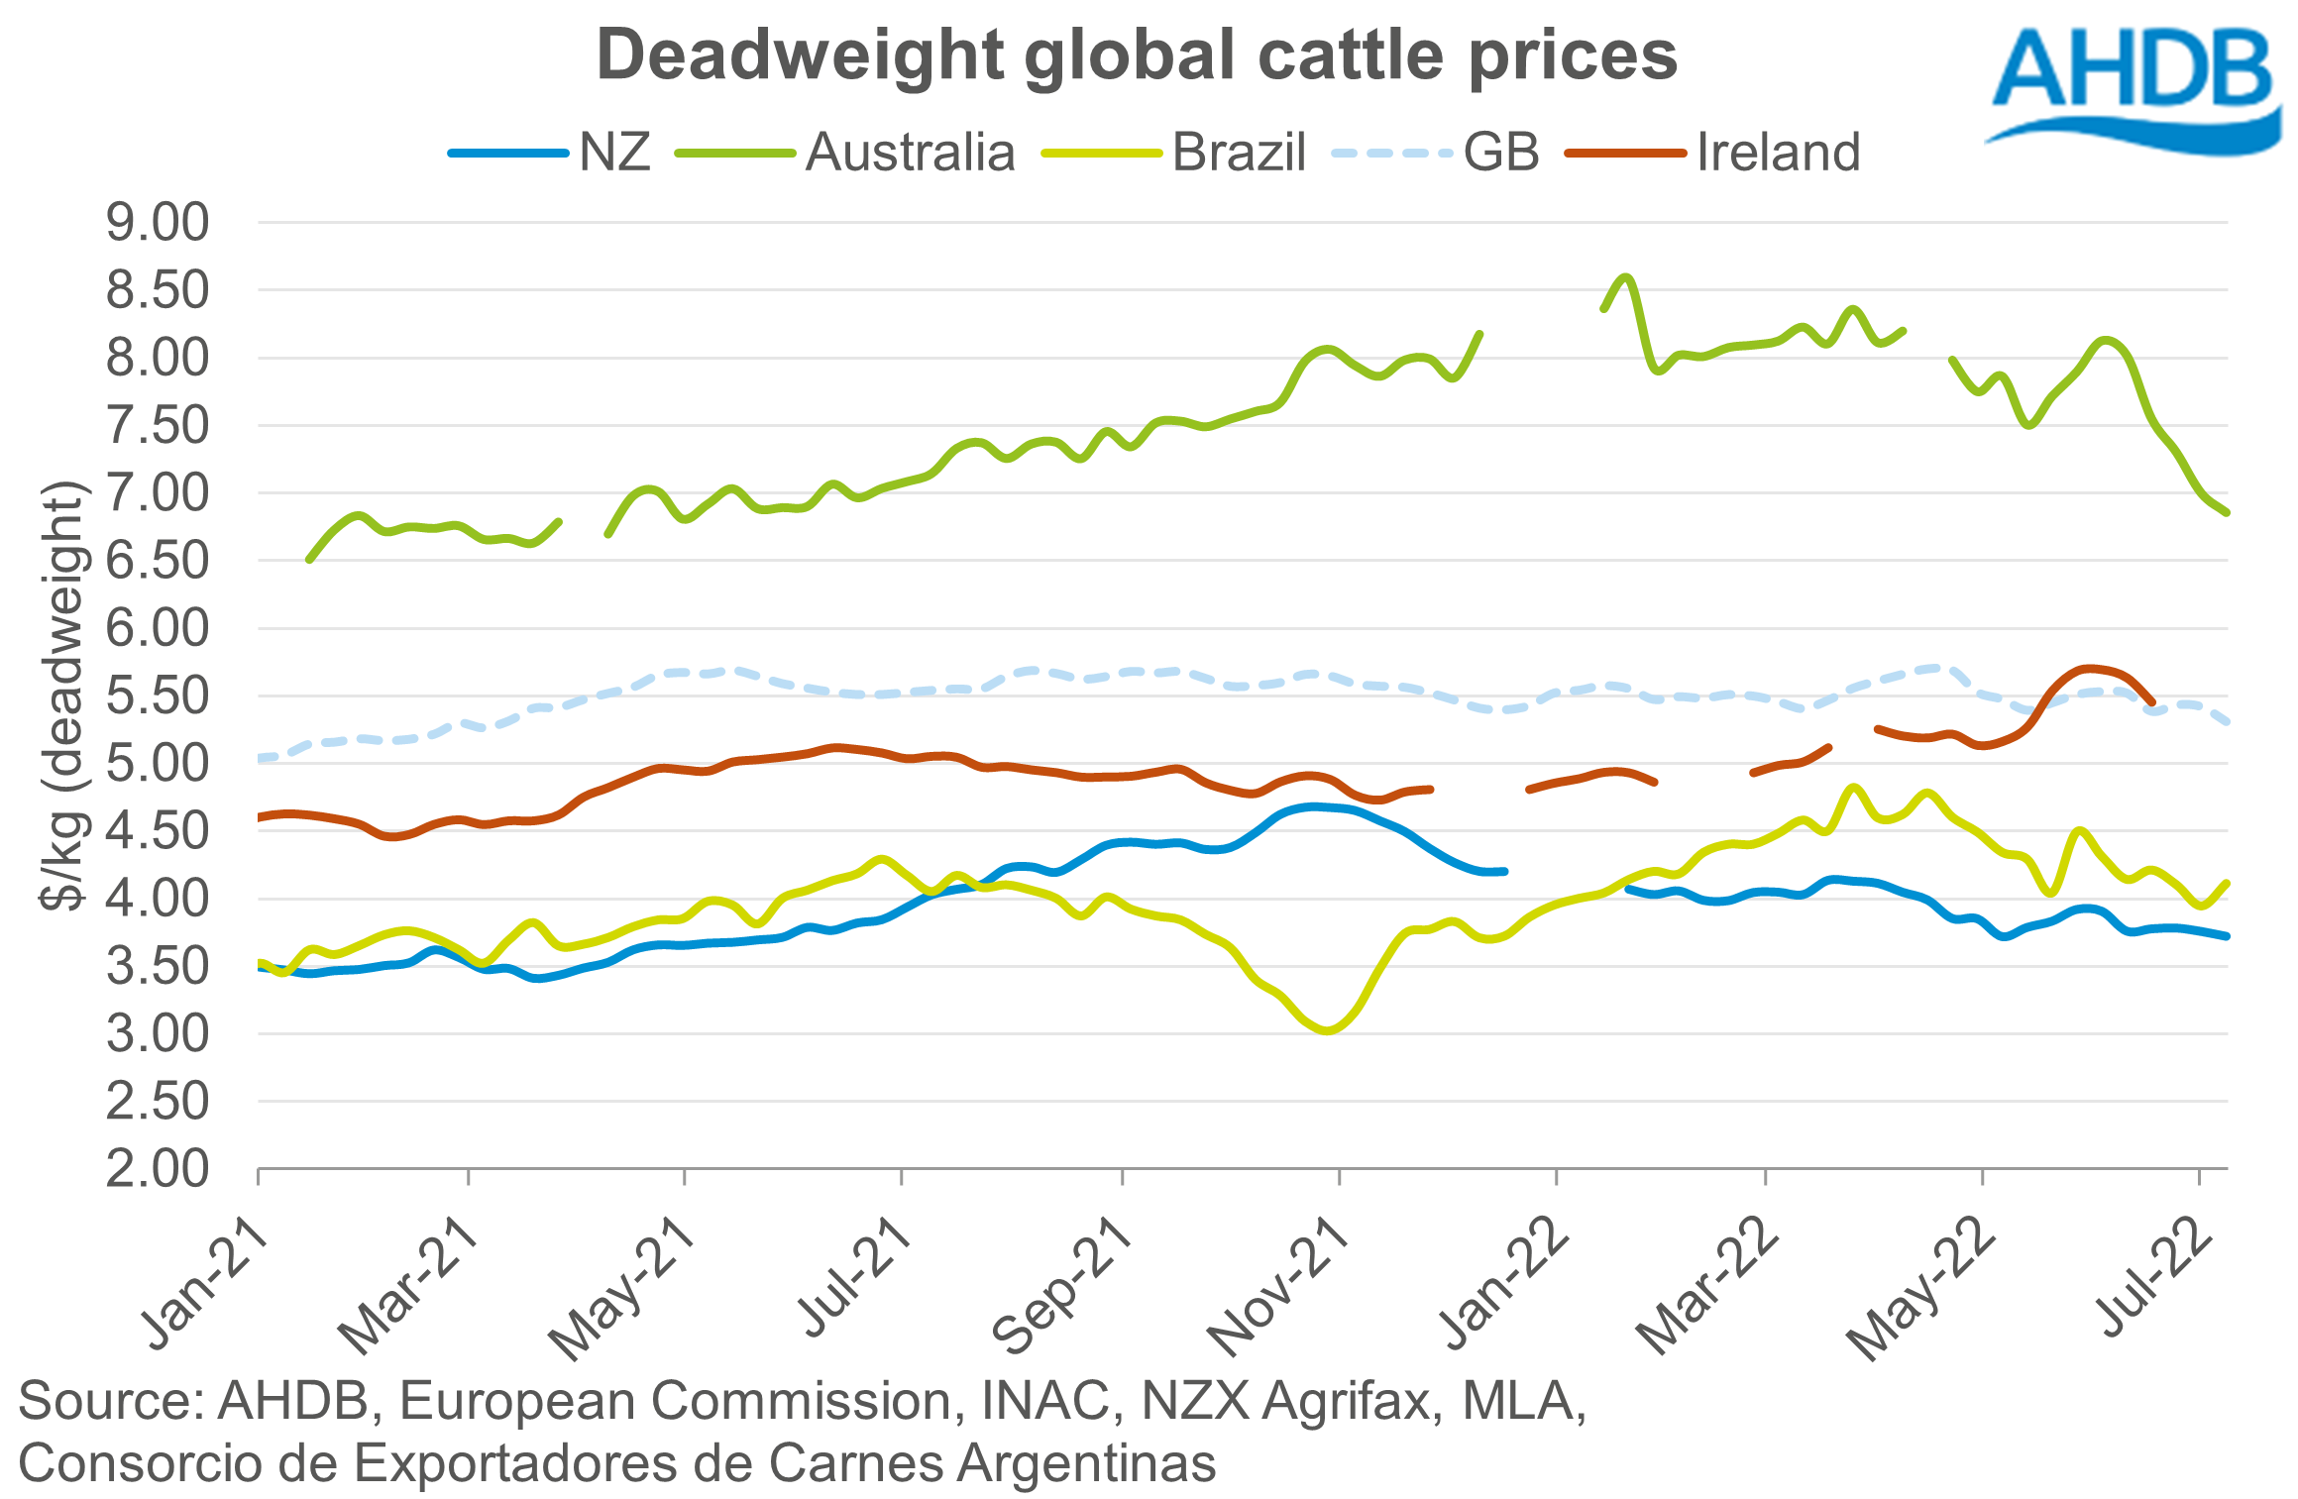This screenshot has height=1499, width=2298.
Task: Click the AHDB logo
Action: pos(2135,84)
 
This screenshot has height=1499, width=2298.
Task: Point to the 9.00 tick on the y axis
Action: pos(158,223)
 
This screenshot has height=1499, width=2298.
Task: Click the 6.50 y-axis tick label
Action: pos(158,562)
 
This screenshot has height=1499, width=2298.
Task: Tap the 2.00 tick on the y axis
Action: pos(158,1170)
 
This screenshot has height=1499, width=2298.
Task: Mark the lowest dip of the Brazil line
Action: pos(1327,1031)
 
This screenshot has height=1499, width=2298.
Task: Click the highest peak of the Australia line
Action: pos(1625,277)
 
